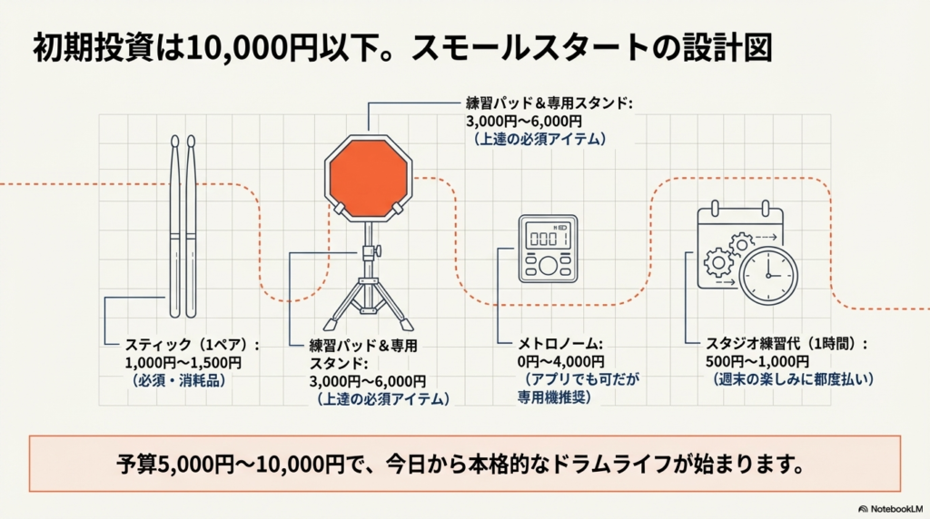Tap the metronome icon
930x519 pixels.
pos(545,249)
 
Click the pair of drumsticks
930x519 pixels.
pos(183,227)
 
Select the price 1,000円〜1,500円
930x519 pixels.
pos(182,363)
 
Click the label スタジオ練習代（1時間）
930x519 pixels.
pos(787,345)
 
